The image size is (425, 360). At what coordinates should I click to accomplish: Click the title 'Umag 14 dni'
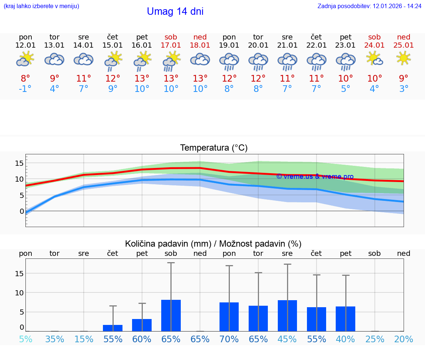175,11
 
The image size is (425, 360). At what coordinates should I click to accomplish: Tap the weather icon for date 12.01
25,59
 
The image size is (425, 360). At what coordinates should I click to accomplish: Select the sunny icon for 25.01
404,58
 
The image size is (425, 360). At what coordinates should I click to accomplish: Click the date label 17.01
171,45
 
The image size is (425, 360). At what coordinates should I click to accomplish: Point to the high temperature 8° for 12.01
25,78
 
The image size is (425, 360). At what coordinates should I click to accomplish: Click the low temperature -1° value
25,89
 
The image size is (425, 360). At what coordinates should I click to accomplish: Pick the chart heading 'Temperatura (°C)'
214,148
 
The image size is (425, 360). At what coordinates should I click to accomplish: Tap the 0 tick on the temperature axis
21,211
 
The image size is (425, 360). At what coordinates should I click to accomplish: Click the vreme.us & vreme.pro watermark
315,176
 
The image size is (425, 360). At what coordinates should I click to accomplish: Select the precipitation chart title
213,244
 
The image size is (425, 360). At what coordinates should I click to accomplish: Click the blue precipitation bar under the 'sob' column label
171,315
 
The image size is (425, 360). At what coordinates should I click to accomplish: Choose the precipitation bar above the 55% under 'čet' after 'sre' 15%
113,328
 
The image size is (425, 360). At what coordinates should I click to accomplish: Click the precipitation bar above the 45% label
287,315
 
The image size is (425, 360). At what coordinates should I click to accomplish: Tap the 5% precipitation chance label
25,339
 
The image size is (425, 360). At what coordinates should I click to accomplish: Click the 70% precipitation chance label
229,339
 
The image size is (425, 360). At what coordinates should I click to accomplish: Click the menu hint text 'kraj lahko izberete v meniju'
41,6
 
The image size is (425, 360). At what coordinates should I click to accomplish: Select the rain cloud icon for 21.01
287,61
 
